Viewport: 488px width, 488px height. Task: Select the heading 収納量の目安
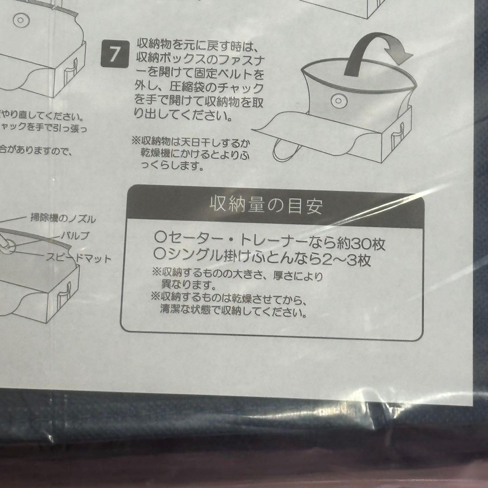[267, 206]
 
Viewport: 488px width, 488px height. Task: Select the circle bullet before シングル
[158, 259]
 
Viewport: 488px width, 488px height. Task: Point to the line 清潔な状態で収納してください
[232, 312]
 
